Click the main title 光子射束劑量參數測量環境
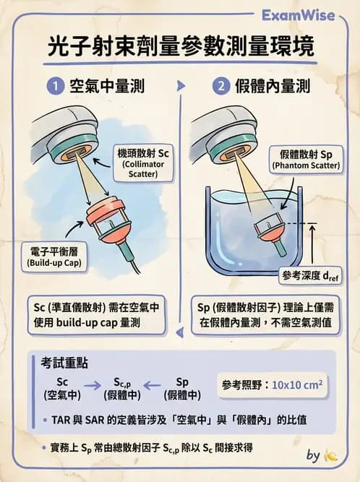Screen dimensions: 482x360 [x=180, y=48]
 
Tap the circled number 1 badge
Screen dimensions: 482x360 [x=54, y=87]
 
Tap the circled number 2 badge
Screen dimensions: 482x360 [x=220, y=87]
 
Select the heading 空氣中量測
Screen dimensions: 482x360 [x=107, y=87]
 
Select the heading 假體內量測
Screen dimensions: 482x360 [x=273, y=87]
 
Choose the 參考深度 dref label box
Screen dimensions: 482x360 [x=311, y=275]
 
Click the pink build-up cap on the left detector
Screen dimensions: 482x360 [x=106, y=215]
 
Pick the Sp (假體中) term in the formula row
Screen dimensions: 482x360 [x=182, y=388]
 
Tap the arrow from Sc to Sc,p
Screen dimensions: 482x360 [x=92, y=386]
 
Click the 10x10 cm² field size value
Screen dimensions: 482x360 [x=296, y=384]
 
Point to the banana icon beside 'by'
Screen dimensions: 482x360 [x=331, y=455]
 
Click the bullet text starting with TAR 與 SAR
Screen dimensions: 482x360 [x=184, y=419]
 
